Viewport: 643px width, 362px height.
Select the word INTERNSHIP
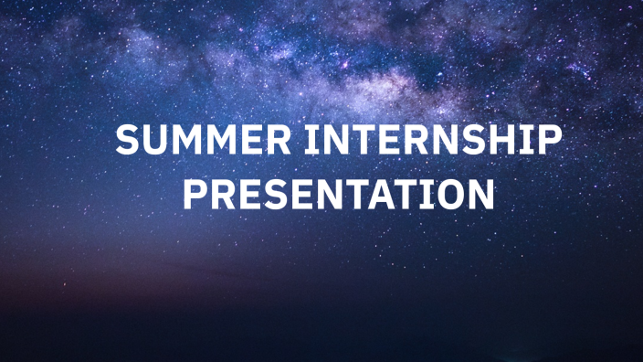[x=430, y=143]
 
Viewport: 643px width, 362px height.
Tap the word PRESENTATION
[x=338, y=195]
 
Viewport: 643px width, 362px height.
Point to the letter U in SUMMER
[x=160, y=143]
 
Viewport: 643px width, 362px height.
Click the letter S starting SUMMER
[x=132, y=143]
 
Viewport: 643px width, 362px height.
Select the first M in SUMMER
[x=189, y=143]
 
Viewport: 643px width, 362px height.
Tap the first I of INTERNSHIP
[x=311, y=143]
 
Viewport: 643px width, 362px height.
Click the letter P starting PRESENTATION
[x=195, y=195]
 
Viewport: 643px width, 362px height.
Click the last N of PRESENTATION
[x=480, y=195]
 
